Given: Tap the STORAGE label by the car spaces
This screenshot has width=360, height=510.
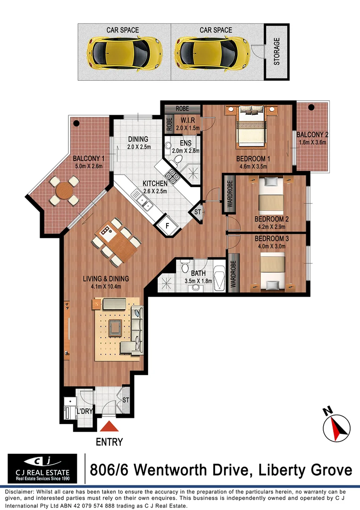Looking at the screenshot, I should [x=277, y=52].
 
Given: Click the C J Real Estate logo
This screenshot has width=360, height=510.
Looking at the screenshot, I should [x=42, y=468].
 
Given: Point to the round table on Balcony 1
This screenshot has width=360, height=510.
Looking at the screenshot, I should [x=64, y=191].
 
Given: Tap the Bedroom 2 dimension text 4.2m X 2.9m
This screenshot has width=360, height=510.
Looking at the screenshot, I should [x=271, y=227].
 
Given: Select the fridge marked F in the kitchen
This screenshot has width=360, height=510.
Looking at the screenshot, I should [x=167, y=226].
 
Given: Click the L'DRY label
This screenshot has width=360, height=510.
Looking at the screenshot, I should [x=84, y=412].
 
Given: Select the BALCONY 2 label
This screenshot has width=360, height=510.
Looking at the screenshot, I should [x=313, y=135].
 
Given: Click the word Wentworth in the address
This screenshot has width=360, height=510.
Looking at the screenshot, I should [x=177, y=470].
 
